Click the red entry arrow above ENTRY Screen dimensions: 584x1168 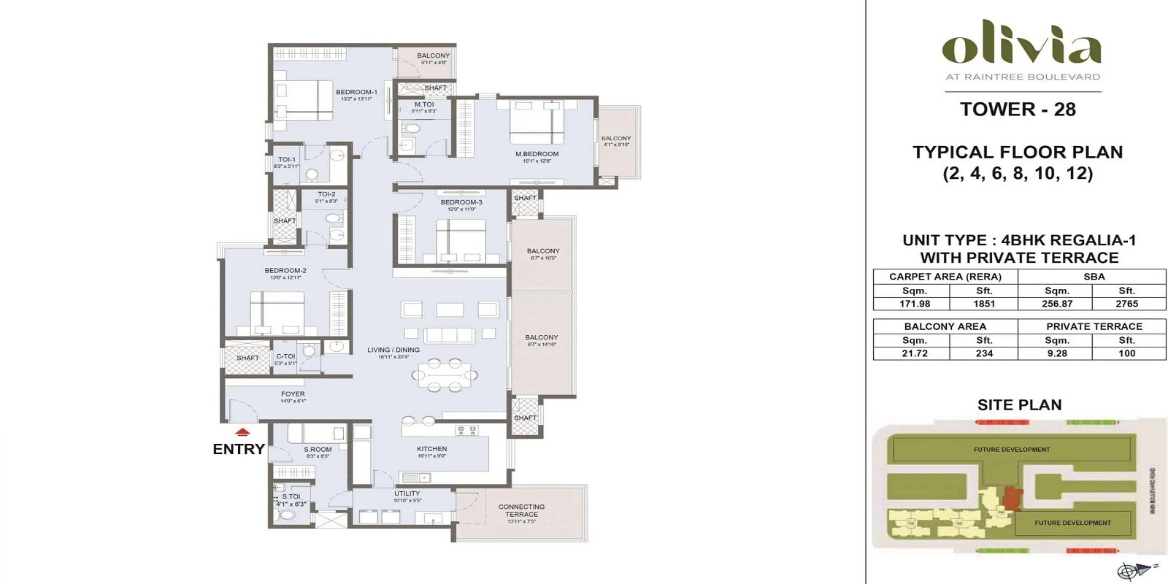click(243, 432)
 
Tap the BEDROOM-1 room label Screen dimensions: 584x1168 click(356, 93)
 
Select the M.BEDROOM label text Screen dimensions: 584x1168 click(537, 154)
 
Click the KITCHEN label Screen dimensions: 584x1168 click(432, 449)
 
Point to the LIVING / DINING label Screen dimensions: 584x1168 click(393, 350)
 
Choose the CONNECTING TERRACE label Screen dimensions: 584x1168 click(521, 510)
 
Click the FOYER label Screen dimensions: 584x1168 click(293, 394)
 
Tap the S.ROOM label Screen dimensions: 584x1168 click(318, 450)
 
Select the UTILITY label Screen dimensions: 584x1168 click(407, 493)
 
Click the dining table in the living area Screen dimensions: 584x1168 click(444, 375)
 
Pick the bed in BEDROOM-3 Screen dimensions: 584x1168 click(461, 240)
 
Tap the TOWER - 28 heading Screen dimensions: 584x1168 click(1018, 109)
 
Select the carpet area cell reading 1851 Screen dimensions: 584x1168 click(983, 304)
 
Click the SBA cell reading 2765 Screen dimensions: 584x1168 click(1126, 304)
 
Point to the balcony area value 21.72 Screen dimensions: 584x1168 click(914, 353)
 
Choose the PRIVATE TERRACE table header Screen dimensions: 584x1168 click(1094, 326)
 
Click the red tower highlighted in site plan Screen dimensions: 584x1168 click(1012, 499)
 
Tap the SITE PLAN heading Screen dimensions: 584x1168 click(1019, 405)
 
